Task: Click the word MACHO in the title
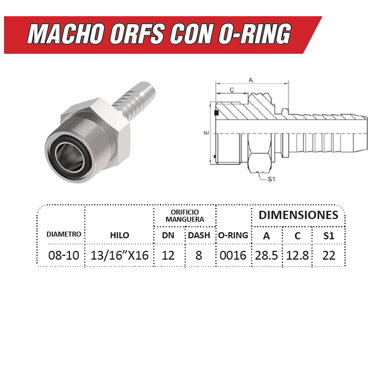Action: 66,35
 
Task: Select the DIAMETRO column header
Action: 64,234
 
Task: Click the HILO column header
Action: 120,235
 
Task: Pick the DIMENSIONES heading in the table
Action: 298,215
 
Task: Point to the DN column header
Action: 168,235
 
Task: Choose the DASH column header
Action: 199,235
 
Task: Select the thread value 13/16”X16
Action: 120,255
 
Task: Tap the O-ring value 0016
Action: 233,255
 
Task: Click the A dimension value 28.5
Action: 266,255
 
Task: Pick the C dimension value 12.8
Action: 298,255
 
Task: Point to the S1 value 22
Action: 328,255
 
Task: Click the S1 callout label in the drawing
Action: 271,179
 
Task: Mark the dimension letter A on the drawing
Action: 251,80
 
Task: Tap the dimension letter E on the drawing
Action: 207,132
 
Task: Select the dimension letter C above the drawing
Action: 232,90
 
